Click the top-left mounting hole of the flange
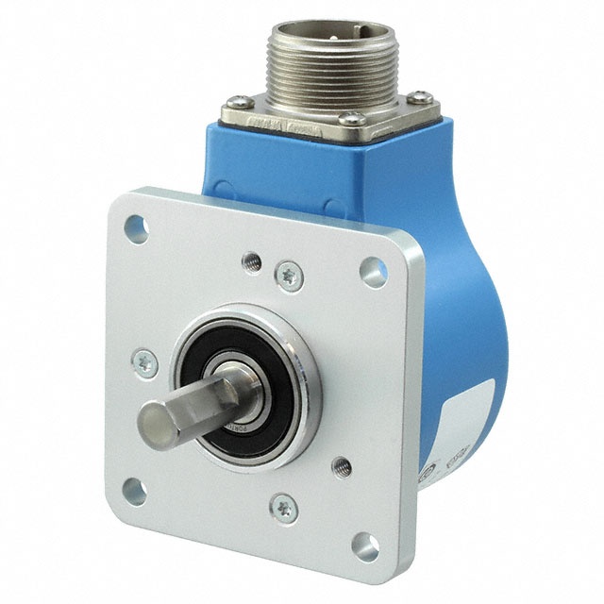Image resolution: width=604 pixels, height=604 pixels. pyautogui.click(x=136, y=226)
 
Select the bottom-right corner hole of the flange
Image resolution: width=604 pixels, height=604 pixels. pyautogui.click(x=366, y=548)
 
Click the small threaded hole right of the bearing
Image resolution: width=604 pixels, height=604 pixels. pyautogui.click(x=342, y=463)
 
